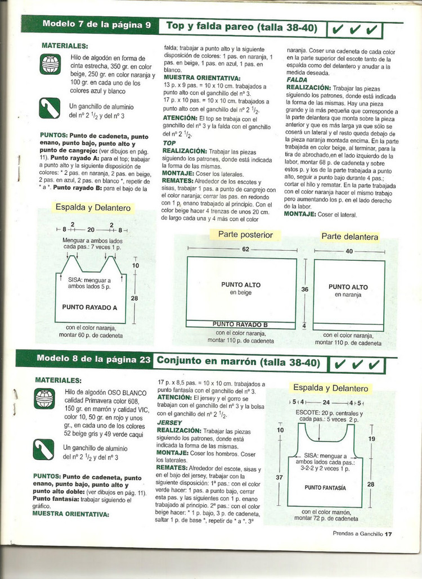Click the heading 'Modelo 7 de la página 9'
(x=96, y=24)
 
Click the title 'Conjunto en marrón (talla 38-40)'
(x=239, y=361)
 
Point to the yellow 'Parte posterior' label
(x=245, y=235)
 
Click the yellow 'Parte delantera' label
(x=350, y=237)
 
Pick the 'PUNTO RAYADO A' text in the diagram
(x=89, y=307)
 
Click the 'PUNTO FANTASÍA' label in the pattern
(x=325, y=487)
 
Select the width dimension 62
(x=245, y=248)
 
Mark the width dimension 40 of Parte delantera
(x=349, y=251)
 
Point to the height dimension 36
(x=305, y=289)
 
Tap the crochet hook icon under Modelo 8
(x=44, y=449)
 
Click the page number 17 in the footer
(x=388, y=534)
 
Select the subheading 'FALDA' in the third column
(x=297, y=80)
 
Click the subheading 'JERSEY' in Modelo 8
(x=169, y=422)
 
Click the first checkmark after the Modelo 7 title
(x=339, y=29)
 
